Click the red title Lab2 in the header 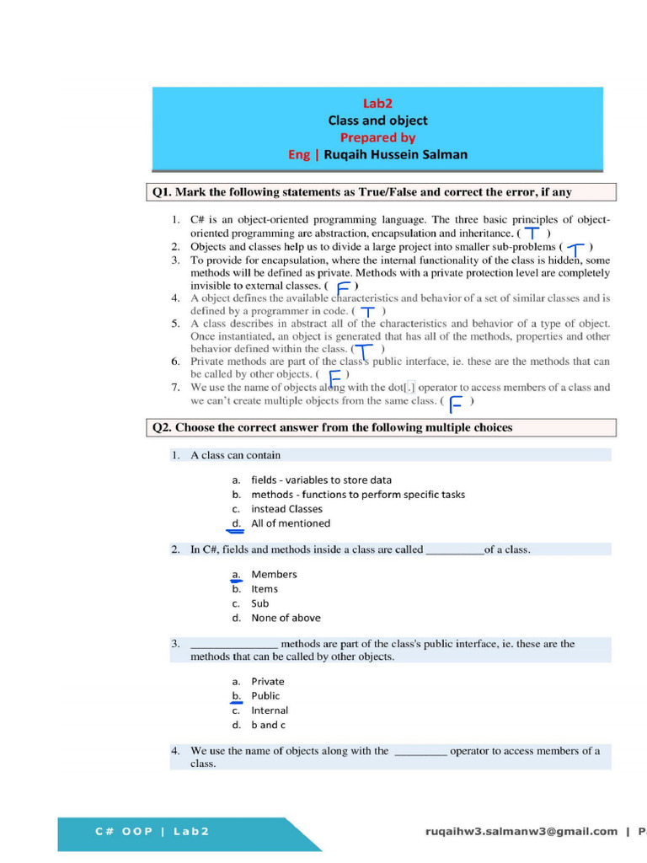click(x=377, y=104)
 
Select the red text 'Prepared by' click(x=377, y=137)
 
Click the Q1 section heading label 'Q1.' click(x=162, y=192)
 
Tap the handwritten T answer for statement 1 click(x=532, y=233)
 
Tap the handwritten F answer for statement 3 click(x=343, y=287)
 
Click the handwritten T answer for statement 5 click(x=364, y=349)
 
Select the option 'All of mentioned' click(x=291, y=523)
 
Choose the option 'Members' click(x=274, y=575)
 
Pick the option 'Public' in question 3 click(x=265, y=696)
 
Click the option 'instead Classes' click(x=286, y=509)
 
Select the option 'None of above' click(x=286, y=618)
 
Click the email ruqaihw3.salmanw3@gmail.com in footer click(x=521, y=832)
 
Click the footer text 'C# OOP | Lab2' click(x=152, y=832)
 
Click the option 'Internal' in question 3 click(x=270, y=710)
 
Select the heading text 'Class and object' click(x=377, y=121)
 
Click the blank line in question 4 click(x=420, y=752)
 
